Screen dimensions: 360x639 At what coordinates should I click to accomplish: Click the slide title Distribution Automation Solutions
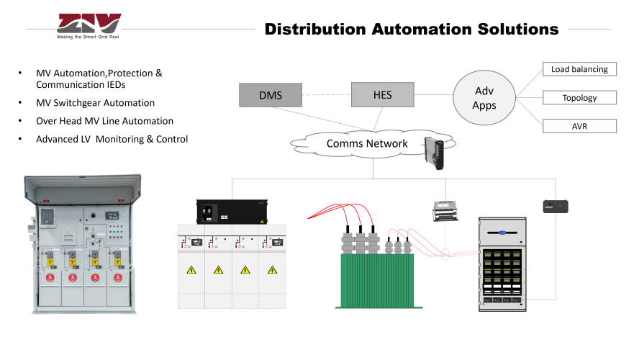[411, 30]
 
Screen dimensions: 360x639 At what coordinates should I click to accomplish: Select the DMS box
[270, 95]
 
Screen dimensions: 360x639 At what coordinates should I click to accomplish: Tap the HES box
[382, 94]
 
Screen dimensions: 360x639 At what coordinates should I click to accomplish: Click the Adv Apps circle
[484, 98]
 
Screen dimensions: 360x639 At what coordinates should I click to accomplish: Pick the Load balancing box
[579, 70]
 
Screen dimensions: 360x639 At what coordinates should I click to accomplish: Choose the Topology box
[579, 98]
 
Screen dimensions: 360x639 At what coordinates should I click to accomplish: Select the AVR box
[579, 126]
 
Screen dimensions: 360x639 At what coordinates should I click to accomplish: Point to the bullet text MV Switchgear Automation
[95, 103]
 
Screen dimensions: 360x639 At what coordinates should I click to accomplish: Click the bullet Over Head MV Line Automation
[104, 121]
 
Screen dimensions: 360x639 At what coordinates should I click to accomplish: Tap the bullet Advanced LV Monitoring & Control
[112, 139]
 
